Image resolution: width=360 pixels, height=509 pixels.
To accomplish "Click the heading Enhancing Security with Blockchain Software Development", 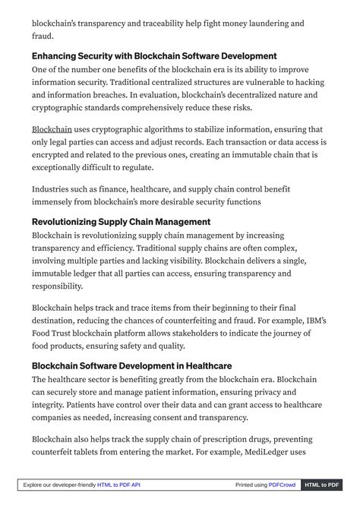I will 154,56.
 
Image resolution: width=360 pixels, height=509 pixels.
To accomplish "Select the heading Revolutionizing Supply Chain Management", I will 121,222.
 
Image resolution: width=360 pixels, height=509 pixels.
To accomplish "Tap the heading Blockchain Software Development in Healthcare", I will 131,366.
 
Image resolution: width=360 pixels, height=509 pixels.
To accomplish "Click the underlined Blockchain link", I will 52,130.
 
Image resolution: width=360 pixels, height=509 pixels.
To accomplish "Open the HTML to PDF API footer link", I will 118,485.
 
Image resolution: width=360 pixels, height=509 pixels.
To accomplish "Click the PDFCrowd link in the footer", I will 282,485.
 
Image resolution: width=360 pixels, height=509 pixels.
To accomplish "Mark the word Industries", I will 52,189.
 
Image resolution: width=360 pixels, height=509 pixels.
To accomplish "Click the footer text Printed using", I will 251,485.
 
